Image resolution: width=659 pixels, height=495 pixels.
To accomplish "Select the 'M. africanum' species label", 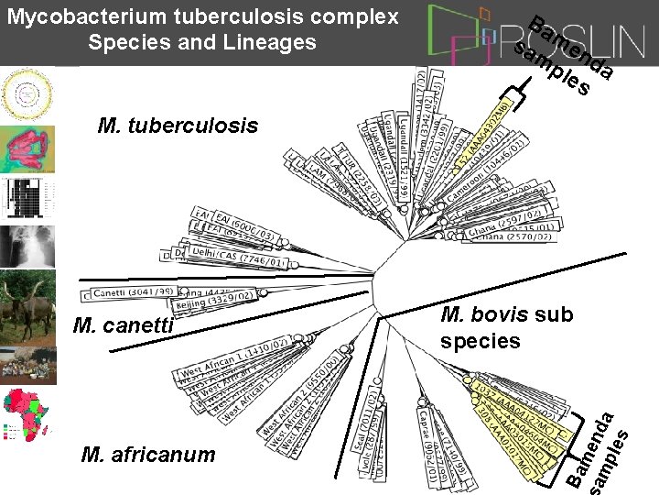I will pos(148,455).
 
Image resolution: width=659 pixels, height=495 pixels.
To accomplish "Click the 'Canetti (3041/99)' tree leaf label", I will pos(126,292).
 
